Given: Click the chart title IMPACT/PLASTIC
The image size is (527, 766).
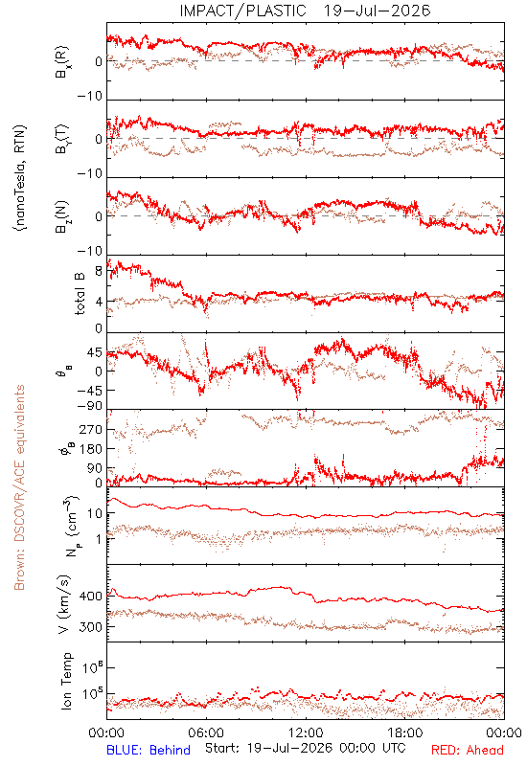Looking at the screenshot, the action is tap(242, 11).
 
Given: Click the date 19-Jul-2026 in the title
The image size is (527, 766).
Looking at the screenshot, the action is tap(377, 11).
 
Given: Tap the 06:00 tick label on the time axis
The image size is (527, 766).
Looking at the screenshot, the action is tap(206, 732).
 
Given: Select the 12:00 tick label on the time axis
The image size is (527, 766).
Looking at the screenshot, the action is tap(306, 732).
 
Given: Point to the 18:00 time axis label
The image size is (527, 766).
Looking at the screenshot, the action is tap(405, 732).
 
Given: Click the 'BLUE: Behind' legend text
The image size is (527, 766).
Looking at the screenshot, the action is tap(149, 750).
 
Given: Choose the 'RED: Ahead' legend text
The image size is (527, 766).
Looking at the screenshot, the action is tap(467, 750).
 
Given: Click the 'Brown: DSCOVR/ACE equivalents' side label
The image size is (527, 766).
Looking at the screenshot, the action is tap(19, 487).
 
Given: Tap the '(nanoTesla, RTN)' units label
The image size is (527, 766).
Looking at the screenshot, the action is tap(20, 178).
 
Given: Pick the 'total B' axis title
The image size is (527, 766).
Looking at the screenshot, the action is tap(80, 294).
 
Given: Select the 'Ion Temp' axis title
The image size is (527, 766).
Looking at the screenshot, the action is tap(66, 681).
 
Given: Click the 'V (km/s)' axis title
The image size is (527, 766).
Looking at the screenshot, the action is tap(64, 604).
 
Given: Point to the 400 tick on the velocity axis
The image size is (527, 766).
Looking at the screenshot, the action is tap(91, 597).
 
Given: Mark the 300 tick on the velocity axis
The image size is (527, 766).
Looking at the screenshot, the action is tap(91, 627).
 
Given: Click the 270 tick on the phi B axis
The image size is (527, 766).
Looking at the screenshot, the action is tap(91, 429).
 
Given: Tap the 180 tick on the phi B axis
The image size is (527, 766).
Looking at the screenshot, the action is tap(91, 449).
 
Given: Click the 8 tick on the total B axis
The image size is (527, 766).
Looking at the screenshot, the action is tap(99, 271).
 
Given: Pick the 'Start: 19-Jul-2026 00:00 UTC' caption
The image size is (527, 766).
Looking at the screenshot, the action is tap(306, 748).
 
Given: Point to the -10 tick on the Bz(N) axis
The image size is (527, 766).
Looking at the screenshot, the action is tap(90, 251).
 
